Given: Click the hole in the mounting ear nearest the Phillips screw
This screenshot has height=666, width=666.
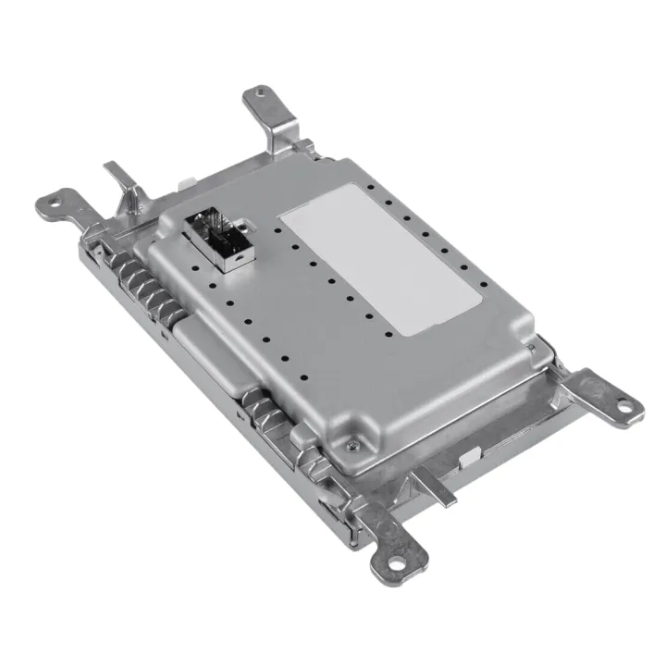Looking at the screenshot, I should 397,561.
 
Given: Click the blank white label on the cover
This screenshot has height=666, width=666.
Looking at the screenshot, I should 381,260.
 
